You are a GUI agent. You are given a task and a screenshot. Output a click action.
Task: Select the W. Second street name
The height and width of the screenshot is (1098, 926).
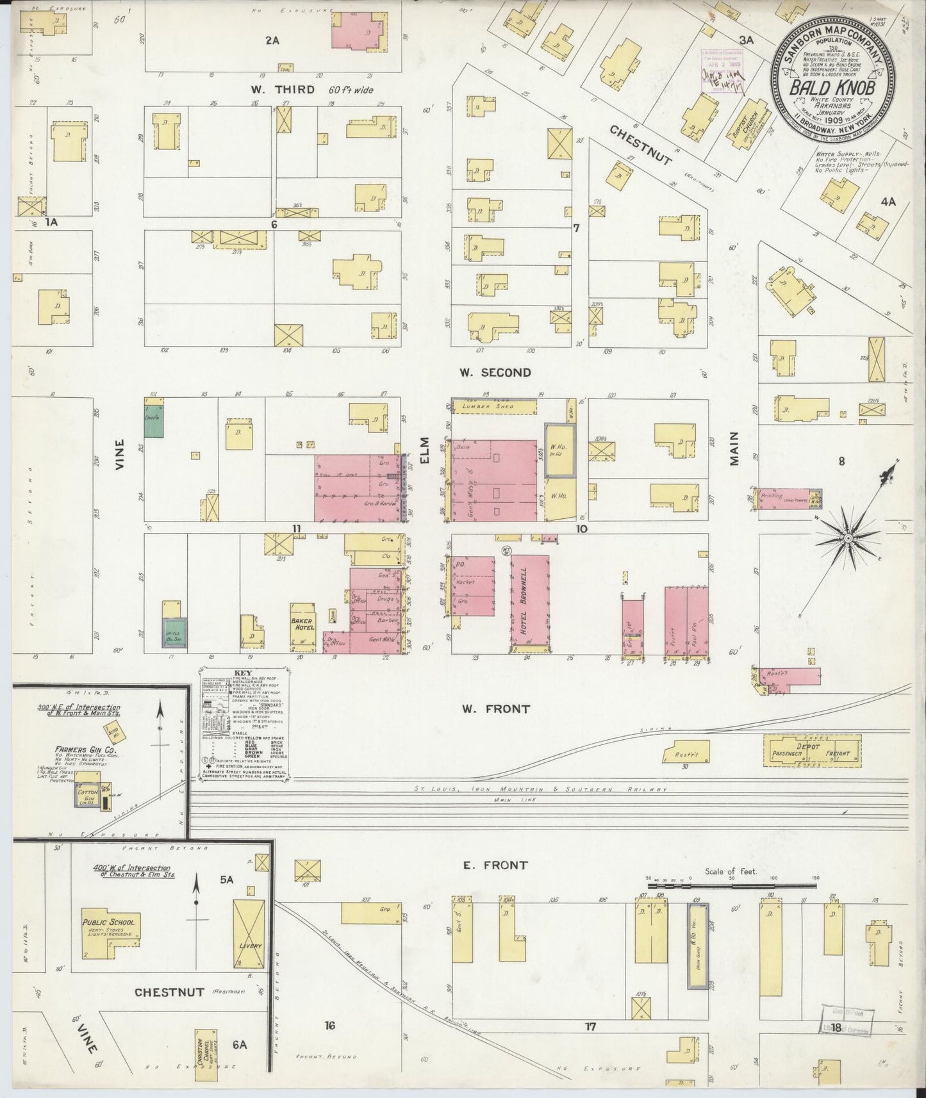pos(495,372)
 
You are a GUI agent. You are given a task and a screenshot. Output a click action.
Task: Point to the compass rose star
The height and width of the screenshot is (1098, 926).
pos(848,538)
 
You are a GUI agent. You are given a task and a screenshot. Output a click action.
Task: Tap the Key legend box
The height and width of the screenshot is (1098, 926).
pos(244,724)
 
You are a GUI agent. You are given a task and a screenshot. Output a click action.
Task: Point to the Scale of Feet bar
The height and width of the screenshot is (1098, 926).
pos(731,885)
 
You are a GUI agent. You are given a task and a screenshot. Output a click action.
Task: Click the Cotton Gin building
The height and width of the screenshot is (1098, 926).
pos(87,794)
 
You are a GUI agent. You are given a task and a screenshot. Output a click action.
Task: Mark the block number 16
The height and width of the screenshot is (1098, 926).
pos(330,1026)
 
